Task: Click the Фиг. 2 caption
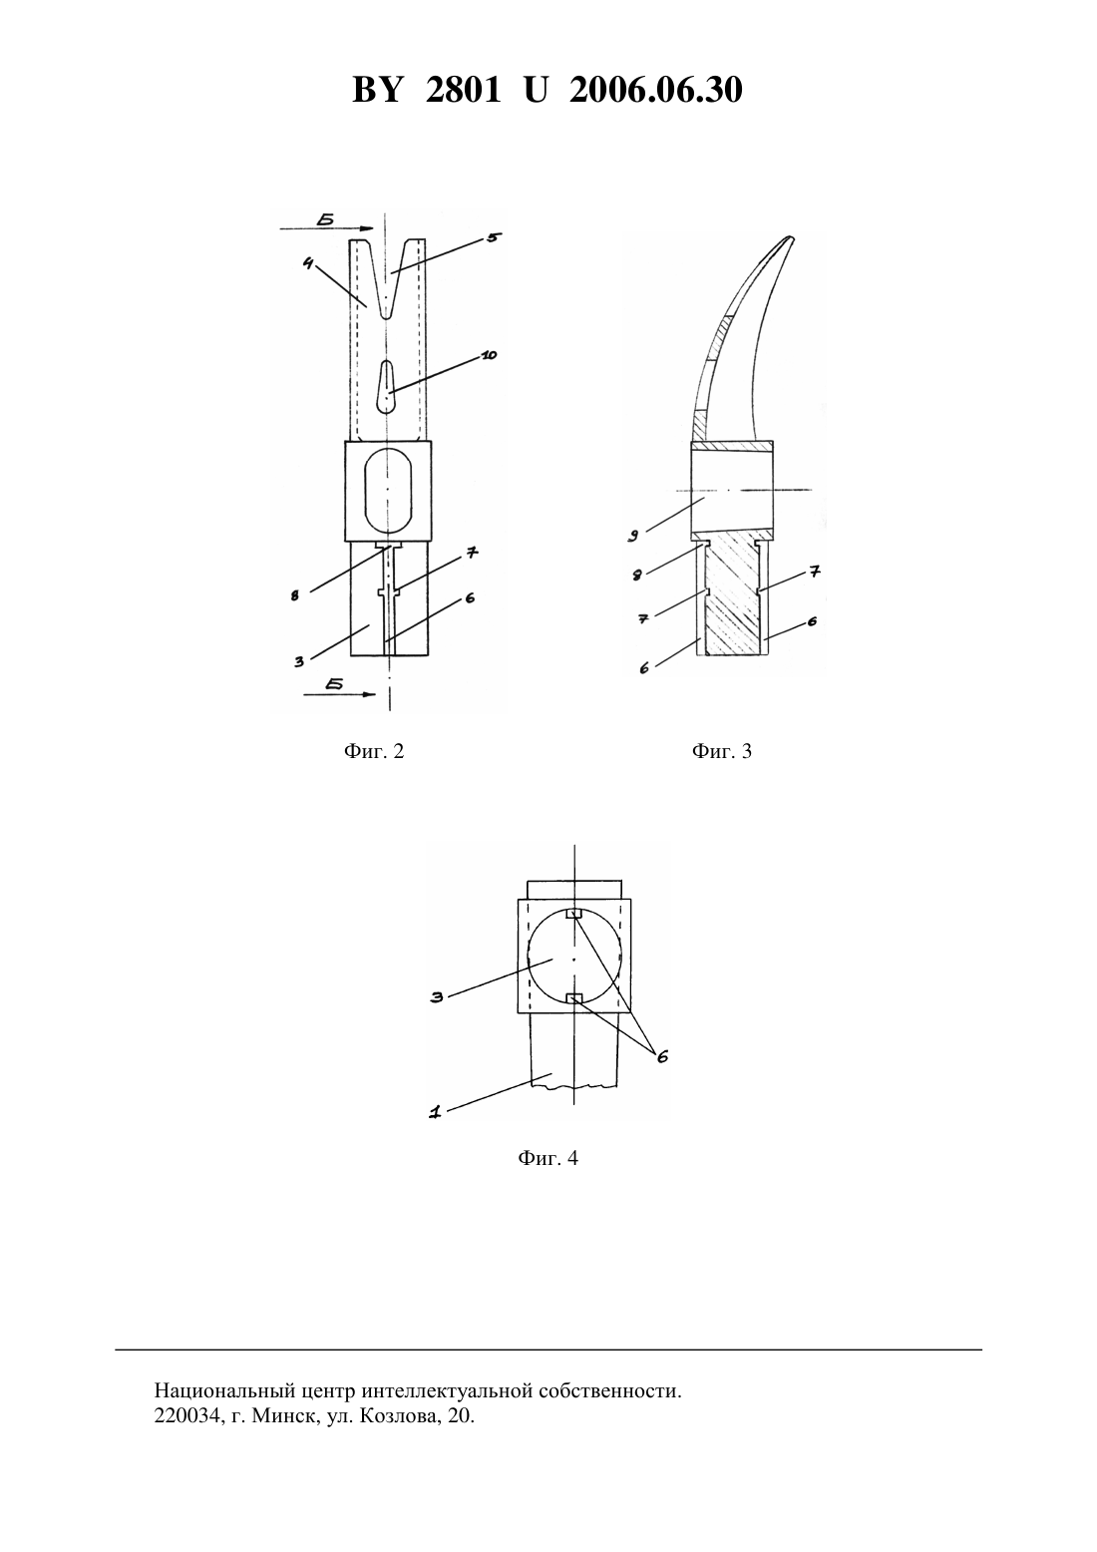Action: point(373,751)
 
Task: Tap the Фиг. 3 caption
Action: point(721,751)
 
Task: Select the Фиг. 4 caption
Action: point(548,1158)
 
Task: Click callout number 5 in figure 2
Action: point(493,237)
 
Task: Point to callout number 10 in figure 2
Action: point(489,355)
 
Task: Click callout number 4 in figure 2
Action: point(308,263)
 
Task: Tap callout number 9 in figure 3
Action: point(633,536)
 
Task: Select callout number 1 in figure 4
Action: point(435,1113)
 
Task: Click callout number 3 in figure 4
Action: point(437,997)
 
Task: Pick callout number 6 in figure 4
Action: point(662,1056)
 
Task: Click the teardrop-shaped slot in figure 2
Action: point(387,387)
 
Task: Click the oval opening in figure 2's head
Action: point(388,490)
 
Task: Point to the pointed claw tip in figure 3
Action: point(792,238)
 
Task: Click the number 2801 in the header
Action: point(464,90)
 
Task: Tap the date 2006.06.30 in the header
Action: point(656,90)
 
